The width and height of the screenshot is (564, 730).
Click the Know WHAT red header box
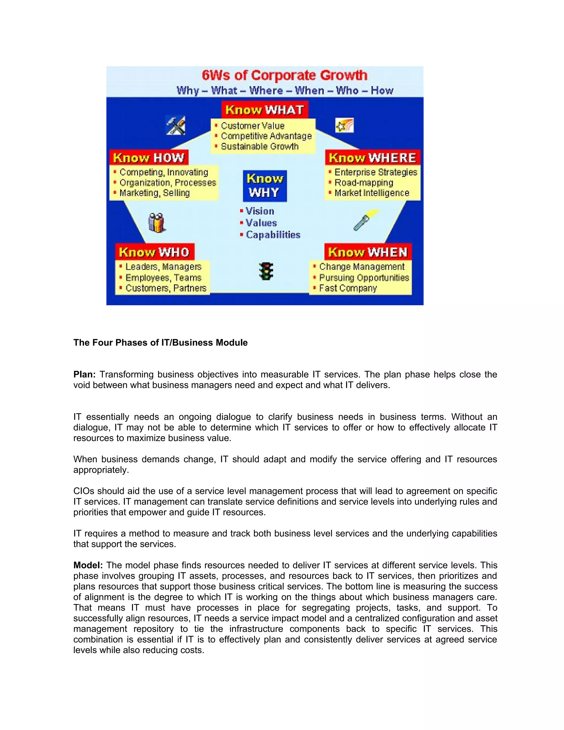point(264,110)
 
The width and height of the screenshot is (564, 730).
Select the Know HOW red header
point(149,157)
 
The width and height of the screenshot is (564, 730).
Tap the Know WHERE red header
point(372,157)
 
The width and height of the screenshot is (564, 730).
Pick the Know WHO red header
point(154,252)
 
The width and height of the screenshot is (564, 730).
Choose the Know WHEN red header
point(368,252)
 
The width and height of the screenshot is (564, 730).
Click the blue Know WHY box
point(265,186)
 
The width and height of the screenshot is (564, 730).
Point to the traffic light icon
point(266,271)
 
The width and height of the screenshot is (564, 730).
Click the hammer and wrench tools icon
point(176,126)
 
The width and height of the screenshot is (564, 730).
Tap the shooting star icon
point(344,126)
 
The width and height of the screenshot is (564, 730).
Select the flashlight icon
point(366,220)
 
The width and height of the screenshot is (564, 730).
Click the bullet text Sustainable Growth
point(260,146)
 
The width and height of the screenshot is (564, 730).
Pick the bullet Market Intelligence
point(372,193)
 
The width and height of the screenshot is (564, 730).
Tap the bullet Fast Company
point(348,288)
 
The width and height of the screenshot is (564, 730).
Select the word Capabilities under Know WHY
point(273,235)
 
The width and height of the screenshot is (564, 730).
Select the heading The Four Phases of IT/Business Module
point(160,343)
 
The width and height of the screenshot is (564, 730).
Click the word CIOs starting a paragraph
point(84,491)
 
